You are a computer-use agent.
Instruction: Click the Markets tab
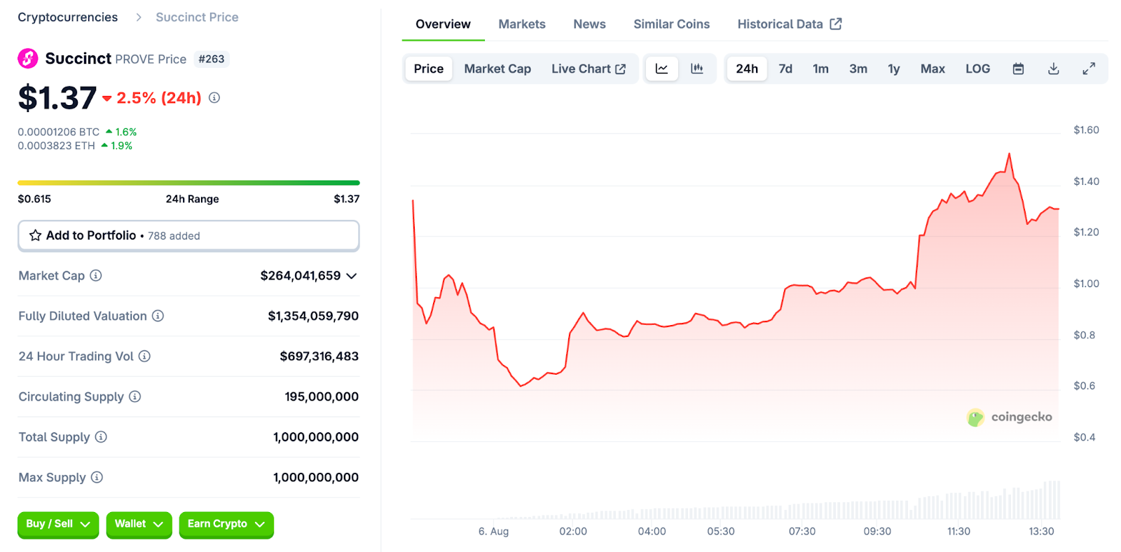click(521, 24)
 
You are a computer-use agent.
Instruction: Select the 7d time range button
click(785, 69)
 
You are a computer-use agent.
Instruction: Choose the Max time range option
click(932, 69)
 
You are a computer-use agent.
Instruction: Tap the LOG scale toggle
click(977, 69)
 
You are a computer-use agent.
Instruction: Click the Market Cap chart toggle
click(497, 69)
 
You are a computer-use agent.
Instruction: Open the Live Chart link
click(588, 69)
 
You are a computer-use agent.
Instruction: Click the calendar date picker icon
click(1018, 69)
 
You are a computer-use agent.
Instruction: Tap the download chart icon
click(1053, 69)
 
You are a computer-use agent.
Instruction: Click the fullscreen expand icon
click(1088, 69)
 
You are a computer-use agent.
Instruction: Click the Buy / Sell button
click(58, 524)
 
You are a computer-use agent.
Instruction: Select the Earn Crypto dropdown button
click(226, 524)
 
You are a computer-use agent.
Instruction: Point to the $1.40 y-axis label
click(1086, 181)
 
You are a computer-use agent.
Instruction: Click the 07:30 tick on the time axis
click(802, 532)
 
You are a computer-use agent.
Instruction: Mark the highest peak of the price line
click(1009, 154)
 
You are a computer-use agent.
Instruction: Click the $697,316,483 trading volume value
click(319, 357)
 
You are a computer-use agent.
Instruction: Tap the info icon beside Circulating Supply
click(135, 396)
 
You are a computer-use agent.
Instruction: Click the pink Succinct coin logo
click(28, 59)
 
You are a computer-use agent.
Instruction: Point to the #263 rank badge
click(211, 59)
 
